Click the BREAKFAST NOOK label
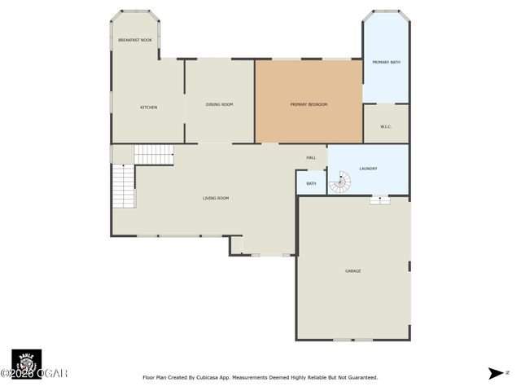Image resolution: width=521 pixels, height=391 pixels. [x=135, y=40]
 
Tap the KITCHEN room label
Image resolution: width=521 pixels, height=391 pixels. [x=148, y=108]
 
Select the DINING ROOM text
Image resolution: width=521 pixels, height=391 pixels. [x=219, y=104]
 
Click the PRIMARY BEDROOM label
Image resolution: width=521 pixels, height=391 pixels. [x=309, y=104]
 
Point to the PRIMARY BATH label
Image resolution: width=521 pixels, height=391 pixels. [x=386, y=62]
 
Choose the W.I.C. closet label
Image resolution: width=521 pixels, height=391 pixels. [x=386, y=126]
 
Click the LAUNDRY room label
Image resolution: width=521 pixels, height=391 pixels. [x=368, y=169]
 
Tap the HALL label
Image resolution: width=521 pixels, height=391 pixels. [x=311, y=157]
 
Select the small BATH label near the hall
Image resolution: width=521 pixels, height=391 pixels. [x=311, y=183]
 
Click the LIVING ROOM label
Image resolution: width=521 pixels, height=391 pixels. [x=216, y=198]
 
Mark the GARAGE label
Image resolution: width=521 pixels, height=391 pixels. [x=352, y=270]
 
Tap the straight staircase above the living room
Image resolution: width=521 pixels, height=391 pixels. [x=154, y=154]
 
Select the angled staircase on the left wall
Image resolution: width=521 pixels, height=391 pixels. [x=123, y=185]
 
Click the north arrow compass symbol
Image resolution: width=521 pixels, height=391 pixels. [x=495, y=373]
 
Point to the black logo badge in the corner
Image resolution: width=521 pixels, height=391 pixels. [x=26, y=362]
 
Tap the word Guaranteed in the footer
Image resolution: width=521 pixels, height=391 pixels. [x=359, y=377]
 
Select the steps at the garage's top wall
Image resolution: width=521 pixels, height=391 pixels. [x=379, y=200]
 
